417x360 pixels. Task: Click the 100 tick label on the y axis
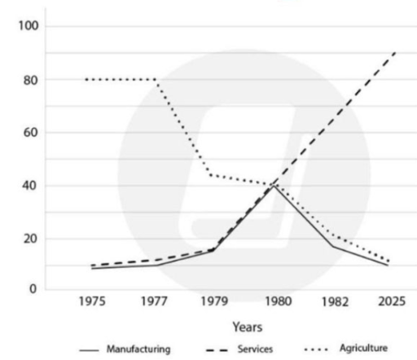(23, 27)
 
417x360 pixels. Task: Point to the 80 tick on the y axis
(26, 80)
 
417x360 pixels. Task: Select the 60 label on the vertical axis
(26, 132)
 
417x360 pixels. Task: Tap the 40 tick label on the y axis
(26, 186)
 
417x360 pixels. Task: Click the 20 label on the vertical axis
(26, 239)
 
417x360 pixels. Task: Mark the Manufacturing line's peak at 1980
(276, 187)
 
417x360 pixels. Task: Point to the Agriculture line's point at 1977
(156, 80)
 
